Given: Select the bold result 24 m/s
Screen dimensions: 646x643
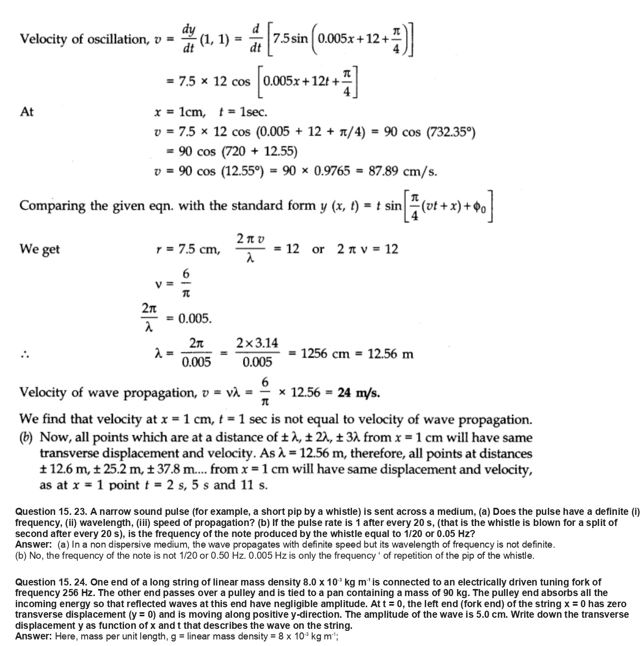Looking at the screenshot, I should (x=359, y=393).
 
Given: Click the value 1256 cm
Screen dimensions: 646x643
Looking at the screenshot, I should (x=326, y=354).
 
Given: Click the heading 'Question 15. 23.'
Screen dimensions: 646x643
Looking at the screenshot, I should (x=51, y=511).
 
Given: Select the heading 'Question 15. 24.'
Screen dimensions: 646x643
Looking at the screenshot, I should (x=51, y=582).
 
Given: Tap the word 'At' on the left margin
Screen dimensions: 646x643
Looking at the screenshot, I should (x=26, y=111).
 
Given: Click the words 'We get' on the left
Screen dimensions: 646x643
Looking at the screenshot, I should (x=39, y=249).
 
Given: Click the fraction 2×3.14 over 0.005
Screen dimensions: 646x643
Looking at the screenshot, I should (x=257, y=353).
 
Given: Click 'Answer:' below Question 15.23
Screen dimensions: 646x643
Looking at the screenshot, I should (x=33, y=545).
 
